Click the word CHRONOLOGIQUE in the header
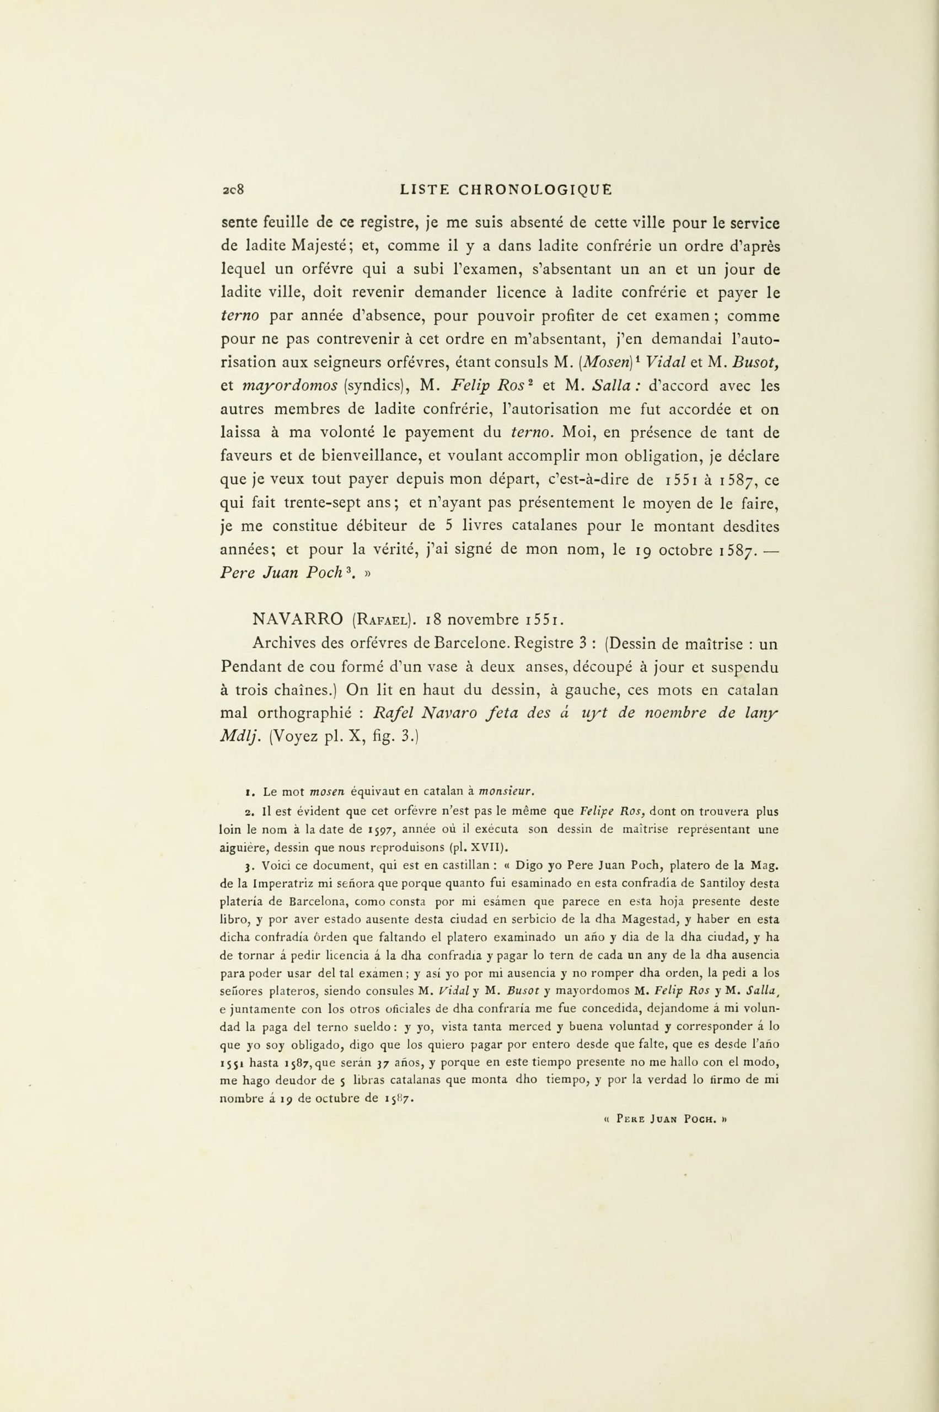coord(535,190)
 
